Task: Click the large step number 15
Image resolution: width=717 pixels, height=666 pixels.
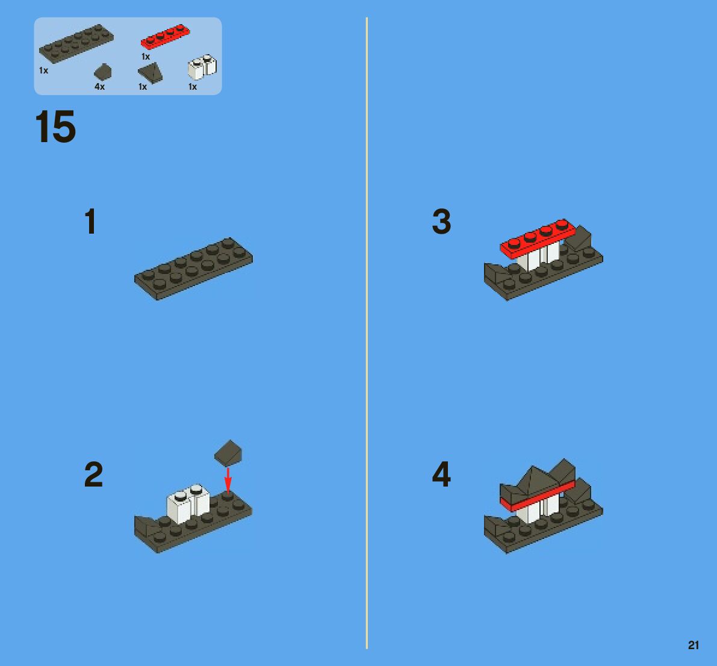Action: pos(55,126)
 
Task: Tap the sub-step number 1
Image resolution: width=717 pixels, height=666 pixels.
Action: pos(90,222)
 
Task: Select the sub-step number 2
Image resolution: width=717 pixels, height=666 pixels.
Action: pos(93,475)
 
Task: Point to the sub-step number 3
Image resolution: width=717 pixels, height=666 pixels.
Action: pos(441,222)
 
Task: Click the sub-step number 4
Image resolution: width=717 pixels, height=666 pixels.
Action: pos(441,474)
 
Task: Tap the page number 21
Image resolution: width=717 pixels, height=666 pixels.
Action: pos(694,645)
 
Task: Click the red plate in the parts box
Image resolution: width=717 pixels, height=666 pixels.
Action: pos(165,36)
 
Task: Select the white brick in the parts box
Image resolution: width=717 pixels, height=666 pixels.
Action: pos(202,67)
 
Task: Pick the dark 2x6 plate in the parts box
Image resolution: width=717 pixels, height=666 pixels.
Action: pos(76,43)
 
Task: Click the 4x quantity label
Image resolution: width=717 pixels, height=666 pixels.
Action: pos(100,87)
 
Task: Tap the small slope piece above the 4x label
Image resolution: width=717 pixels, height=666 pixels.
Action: pos(103,72)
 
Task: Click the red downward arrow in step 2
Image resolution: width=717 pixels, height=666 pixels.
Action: pos(228,481)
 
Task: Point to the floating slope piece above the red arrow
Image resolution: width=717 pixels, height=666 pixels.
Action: pos(228,453)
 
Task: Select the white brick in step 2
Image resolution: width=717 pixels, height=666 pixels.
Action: pos(188,503)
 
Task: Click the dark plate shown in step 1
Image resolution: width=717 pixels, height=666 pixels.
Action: pos(193,269)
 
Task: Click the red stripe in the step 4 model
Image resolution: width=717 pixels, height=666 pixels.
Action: pos(537,496)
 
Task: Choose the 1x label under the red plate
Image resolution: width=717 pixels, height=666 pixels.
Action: pos(146,57)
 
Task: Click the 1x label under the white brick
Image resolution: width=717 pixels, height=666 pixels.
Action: pos(193,87)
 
